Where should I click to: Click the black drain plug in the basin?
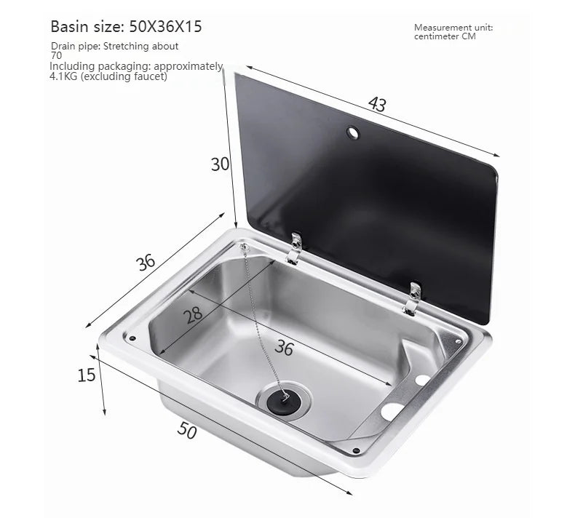click(x=282, y=400)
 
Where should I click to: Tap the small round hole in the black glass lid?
click(x=353, y=133)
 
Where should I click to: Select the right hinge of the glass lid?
click(x=412, y=298)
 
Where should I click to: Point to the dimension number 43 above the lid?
click(x=376, y=104)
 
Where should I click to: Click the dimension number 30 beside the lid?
click(x=220, y=164)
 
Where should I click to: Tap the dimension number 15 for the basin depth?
click(x=87, y=376)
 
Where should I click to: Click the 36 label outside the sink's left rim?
click(x=147, y=262)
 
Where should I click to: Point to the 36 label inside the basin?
click(x=284, y=348)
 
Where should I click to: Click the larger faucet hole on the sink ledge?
click(x=392, y=411)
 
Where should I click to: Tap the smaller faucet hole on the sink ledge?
click(x=423, y=380)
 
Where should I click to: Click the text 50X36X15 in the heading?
click(x=166, y=28)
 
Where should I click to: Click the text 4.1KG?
click(x=66, y=76)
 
